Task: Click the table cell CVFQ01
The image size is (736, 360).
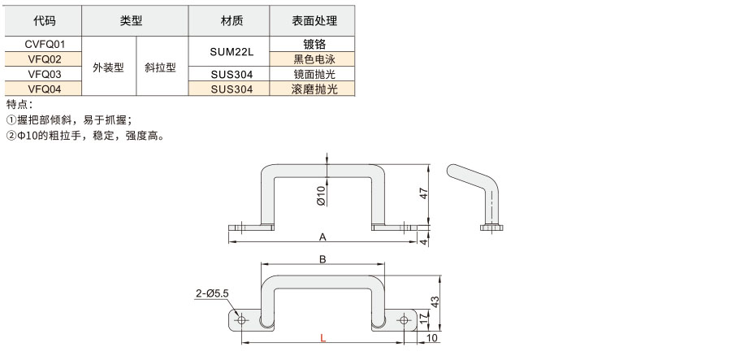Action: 44,44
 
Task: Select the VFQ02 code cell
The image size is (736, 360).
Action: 44,59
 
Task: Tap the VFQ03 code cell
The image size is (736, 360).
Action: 44,74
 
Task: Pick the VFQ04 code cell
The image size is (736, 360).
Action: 44,89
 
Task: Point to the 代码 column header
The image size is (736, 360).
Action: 44,20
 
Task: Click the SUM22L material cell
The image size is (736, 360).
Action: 232,52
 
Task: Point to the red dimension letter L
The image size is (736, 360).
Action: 323,338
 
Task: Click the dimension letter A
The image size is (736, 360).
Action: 323,237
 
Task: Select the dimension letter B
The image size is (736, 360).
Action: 323,259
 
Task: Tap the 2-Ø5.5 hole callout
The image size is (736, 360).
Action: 212,293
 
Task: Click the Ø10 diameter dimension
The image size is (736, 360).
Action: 321,196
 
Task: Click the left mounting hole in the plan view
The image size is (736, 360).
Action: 242,320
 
